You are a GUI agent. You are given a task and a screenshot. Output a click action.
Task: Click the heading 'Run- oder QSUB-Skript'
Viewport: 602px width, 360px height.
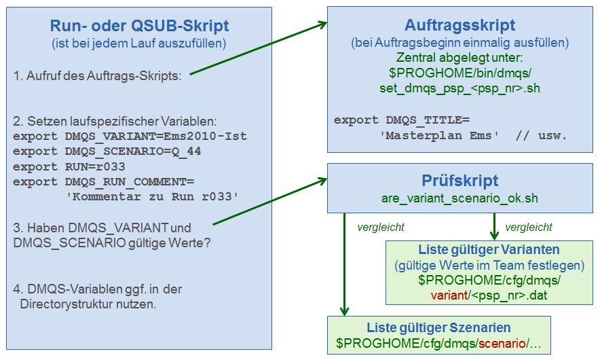(139, 26)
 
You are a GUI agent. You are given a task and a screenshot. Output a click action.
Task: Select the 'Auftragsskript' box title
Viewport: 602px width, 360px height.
(459, 25)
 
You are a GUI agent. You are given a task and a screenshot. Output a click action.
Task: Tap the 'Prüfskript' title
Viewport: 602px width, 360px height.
(460, 180)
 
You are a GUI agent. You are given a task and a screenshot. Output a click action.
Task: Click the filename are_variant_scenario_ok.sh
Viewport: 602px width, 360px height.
(459, 198)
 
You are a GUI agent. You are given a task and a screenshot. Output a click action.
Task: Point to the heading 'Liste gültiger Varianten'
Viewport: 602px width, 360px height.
(489, 249)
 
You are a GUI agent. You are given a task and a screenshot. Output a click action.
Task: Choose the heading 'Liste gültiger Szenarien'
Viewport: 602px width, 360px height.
(438, 327)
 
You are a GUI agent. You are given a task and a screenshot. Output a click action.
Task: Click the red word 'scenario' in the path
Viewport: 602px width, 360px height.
(502, 343)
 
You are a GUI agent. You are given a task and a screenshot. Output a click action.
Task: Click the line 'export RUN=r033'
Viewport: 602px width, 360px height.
(69, 166)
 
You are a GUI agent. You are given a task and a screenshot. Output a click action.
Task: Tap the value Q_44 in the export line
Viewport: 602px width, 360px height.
(186, 151)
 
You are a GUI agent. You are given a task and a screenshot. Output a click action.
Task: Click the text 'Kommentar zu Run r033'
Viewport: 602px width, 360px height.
(152, 197)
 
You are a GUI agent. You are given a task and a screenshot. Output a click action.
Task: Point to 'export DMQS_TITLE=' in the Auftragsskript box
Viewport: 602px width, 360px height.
(402, 120)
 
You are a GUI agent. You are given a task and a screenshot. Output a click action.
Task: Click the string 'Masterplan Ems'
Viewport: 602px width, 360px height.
(439, 136)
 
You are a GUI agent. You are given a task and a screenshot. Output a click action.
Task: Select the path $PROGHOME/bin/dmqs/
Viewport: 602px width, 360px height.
(460, 73)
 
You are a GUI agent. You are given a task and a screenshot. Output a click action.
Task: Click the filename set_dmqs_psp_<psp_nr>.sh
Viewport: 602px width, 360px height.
(459, 88)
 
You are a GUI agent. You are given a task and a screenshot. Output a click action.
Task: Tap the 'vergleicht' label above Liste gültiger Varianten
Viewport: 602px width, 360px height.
(528, 228)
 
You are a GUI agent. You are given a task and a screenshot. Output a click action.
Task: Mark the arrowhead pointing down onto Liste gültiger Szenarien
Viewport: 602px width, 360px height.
(344, 312)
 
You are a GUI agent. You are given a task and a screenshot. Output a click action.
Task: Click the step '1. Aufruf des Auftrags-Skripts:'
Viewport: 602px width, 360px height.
(97, 75)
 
